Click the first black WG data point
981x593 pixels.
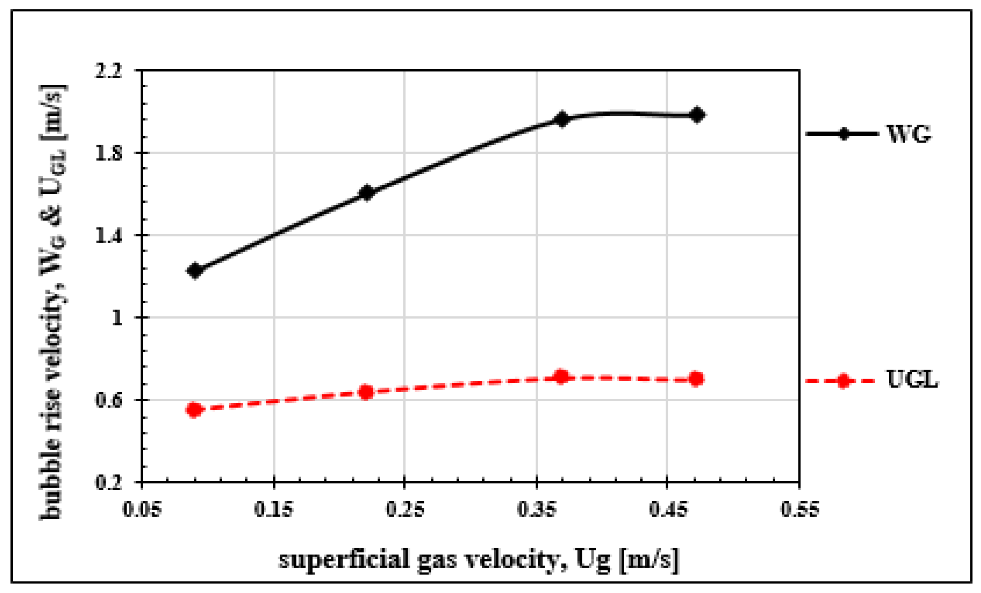[195, 270]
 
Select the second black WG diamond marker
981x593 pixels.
[366, 193]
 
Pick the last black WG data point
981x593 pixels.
[697, 115]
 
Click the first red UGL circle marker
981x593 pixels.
[194, 409]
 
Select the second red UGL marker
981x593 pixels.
[366, 392]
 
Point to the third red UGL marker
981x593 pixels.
[562, 376]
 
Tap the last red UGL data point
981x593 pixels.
[696, 379]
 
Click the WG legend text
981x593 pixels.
[909, 134]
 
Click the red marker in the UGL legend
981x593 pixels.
[843, 381]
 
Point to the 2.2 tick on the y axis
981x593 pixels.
[109, 71]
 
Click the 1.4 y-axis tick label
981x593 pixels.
[109, 236]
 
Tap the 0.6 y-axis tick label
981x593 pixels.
[109, 400]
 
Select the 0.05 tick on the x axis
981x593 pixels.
[142, 509]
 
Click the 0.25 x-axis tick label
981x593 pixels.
[404, 509]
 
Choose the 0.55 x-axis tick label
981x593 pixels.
[799, 509]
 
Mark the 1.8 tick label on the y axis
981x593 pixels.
[109, 153]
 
